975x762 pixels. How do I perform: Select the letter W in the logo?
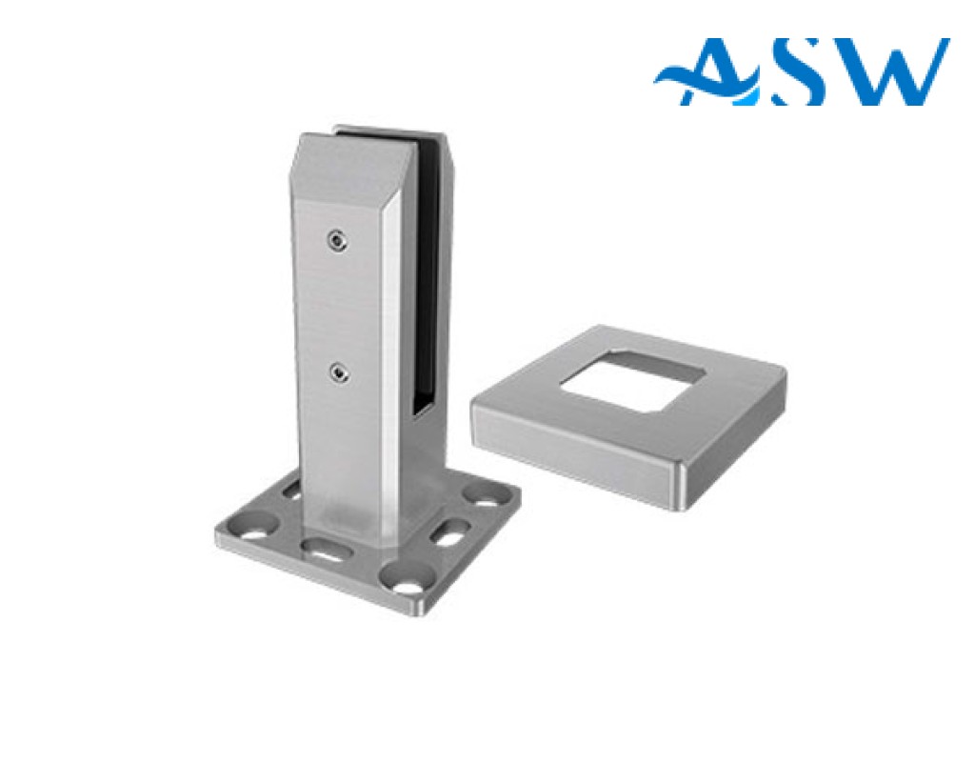[888, 70]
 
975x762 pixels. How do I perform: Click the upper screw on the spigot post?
[337, 240]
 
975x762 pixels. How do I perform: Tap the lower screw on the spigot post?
[338, 372]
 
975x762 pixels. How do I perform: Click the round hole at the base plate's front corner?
[406, 584]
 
